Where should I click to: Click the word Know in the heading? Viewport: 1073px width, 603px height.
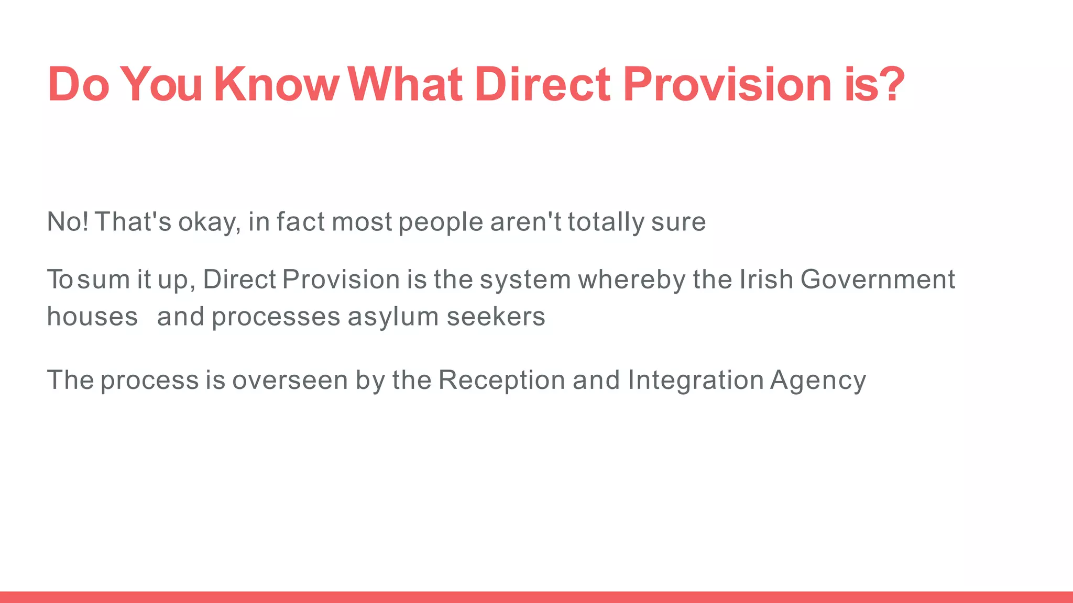point(277,84)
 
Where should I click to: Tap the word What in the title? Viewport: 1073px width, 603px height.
point(405,84)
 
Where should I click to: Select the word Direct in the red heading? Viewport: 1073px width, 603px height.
point(542,84)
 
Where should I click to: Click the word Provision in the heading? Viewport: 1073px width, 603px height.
point(727,84)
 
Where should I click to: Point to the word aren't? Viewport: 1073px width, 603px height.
point(525,221)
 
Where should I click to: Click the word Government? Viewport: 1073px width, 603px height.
point(878,279)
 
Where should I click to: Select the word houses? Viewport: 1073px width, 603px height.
point(92,317)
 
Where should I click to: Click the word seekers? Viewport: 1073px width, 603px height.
point(496,317)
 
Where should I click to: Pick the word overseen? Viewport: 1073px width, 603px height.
point(290,380)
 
